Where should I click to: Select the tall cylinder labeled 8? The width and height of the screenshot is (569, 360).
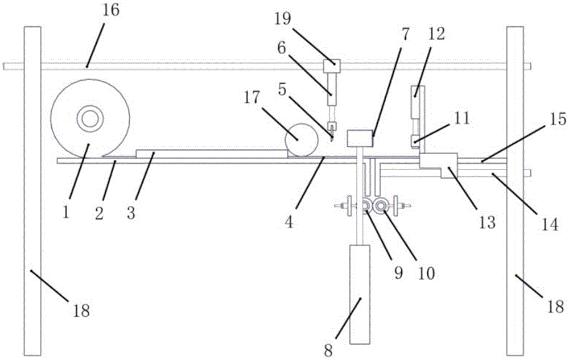[x=360, y=293]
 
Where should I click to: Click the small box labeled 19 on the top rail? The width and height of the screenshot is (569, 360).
[x=331, y=67]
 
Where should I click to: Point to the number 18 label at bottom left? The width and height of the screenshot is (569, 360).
[x=81, y=310]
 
